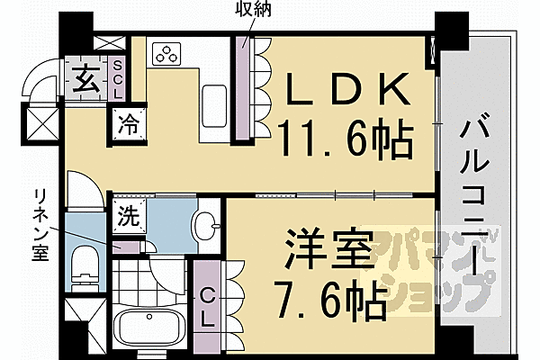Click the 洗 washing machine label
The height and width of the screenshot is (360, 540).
(x=128, y=216)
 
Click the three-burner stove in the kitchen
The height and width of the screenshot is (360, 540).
(x=167, y=54)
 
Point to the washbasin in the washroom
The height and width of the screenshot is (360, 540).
(x=206, y=225)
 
